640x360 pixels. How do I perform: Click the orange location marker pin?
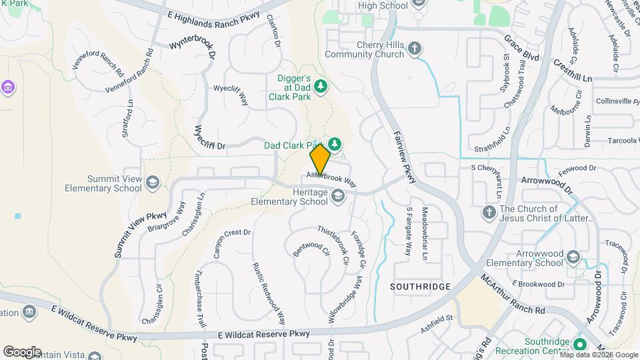(320, 160)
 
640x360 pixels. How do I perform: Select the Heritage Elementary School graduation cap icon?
(338, 195)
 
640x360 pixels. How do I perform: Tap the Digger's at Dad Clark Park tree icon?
(321, 86)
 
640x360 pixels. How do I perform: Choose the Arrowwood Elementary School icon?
(572, 257)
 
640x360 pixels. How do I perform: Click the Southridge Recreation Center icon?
(579, 344)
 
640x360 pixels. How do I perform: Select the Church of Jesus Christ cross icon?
(489, 212)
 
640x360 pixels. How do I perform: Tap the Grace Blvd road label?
(521, 49)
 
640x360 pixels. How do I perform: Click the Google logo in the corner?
(23, 351)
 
